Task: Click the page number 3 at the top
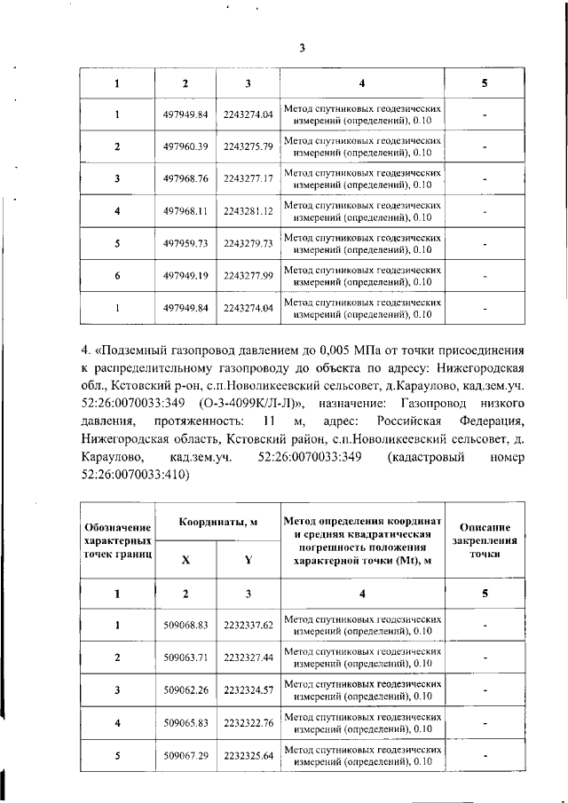click(x=301, y=48)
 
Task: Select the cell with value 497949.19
click(x=185, y=276)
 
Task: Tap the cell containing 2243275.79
click(x=248, y=146)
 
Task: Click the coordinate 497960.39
click(x=185, y=146)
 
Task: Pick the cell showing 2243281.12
click(x=248, y=211)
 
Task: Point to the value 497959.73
click(x=185, y=244)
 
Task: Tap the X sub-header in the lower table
click(x=185, y=560)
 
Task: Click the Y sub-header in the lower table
click(x=248, y=560)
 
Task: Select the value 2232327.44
click(x=248, y=657)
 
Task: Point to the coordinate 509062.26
click(x=185, y=689)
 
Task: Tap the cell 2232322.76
click(x=248, y=722)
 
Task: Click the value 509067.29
click(x=185, y=755)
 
